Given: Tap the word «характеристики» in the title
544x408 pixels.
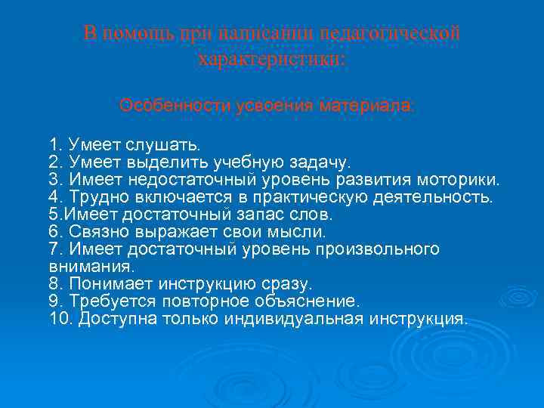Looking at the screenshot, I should pos(270,59).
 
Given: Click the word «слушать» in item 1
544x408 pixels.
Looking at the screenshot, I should pos(168,144).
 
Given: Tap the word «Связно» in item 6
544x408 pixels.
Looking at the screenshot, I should pos(97,232).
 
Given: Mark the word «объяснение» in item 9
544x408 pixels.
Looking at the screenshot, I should pos(307,301).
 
